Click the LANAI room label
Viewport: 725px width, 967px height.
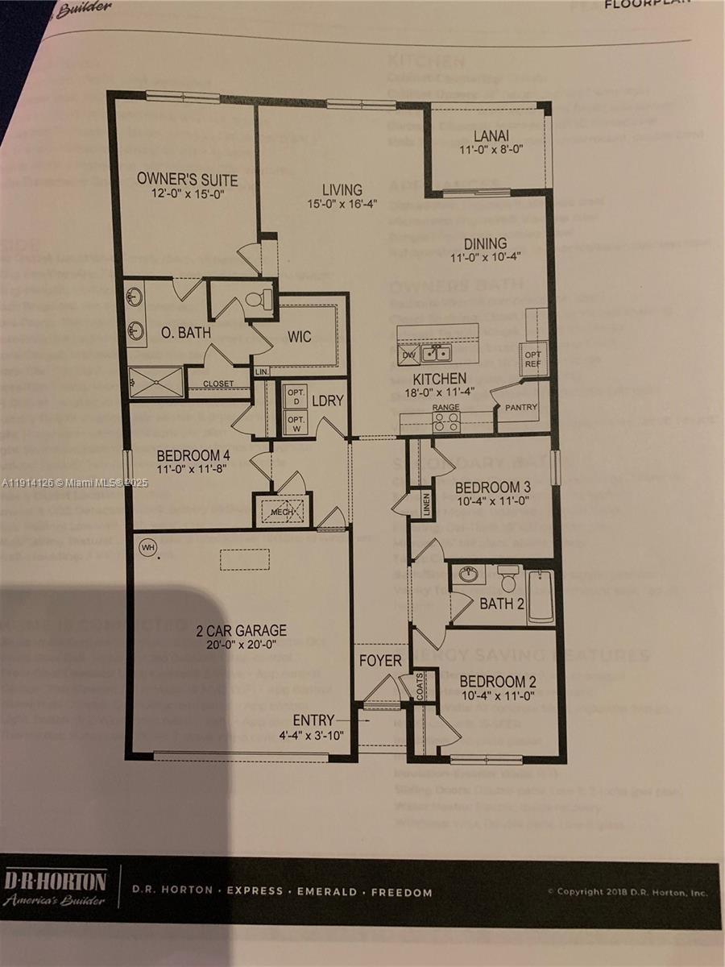(491, 136)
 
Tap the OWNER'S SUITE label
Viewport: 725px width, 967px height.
(187, 178)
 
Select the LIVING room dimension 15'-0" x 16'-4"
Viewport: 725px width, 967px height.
(342, 205)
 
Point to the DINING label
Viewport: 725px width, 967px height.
(485, 243)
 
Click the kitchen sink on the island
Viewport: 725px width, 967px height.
(437, 352)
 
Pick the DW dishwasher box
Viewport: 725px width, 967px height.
(408, 353)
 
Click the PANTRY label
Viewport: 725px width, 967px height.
(520, 408)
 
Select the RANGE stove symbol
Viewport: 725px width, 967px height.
(445, 422)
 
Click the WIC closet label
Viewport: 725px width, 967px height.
(300, 336)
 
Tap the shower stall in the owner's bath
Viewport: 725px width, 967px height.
(156, 382)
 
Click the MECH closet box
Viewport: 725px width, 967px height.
(282, 510)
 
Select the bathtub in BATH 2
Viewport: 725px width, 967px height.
(541, 597)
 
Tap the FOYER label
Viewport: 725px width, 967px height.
(380, 661)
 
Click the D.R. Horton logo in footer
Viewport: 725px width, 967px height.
(55, 887)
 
